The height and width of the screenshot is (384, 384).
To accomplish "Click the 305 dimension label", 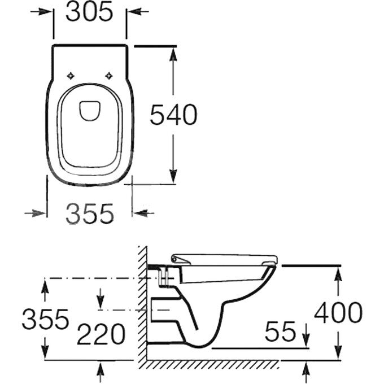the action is (x=89, y=12).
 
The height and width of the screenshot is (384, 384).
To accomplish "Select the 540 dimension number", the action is (x=173, y=115).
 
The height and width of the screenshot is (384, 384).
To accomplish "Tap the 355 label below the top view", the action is (x=90, y=214).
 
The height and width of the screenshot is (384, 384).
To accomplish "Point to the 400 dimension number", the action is (x=338, y=312).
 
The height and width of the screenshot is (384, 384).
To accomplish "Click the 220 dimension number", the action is (x=101, y=334).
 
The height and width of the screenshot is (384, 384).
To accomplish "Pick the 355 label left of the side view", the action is (x=45, y=319).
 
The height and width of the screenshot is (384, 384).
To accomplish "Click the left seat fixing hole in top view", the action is (x=71, y=76).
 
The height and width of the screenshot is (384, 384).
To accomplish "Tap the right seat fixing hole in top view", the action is (x=109, y=76).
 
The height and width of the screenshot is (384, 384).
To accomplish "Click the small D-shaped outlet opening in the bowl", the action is (x=90, y=111).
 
